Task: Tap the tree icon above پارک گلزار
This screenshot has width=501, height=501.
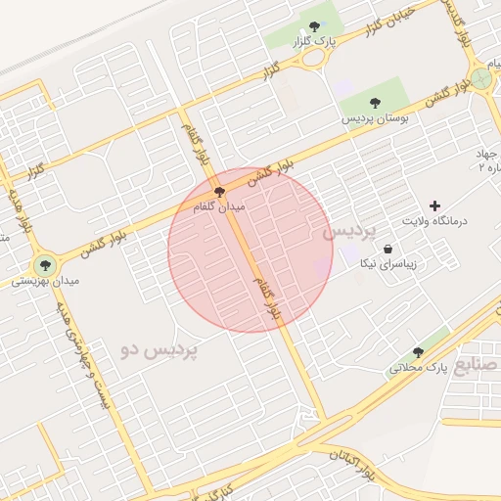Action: click(314, 27)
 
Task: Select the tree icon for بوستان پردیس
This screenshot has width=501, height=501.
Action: click(375, 102)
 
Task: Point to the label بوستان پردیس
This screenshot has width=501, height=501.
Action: click(374, 117)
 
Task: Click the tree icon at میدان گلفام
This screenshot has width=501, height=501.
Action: click(218, 192)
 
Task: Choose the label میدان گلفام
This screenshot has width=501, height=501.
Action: click(226, 208)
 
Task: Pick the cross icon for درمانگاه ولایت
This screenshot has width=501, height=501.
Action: click(434, 205)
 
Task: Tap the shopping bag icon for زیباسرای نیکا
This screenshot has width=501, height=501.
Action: click(388, 249)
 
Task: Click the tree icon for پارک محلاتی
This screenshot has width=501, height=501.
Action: click(418, 352)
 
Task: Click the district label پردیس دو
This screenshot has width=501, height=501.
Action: click(159, 349)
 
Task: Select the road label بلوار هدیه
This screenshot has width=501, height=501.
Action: click(18, 212)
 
